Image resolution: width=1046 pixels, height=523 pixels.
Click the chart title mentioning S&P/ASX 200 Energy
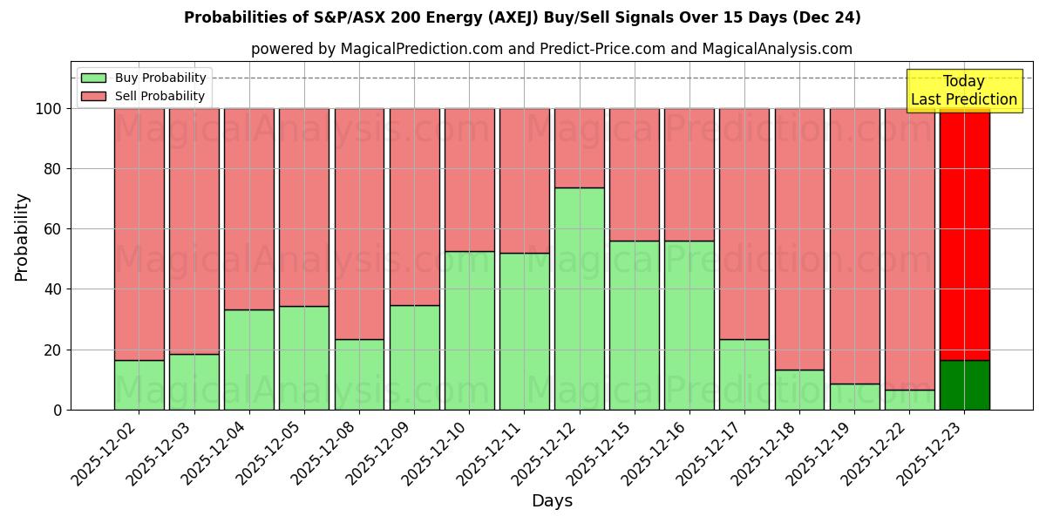[522, 17]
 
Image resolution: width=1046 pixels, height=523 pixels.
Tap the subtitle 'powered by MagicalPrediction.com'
[551, 49]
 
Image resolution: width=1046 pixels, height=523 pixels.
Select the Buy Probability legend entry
[144, 78]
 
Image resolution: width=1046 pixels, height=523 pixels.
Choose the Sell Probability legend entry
[144, 96]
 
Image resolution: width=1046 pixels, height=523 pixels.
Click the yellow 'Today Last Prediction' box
[964, 91]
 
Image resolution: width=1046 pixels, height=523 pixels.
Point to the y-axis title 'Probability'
[22, 237]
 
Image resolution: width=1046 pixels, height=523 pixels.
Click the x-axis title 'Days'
[552, 501]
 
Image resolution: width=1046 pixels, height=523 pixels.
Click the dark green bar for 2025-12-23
[964, 384]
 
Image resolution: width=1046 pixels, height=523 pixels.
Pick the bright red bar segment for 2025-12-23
[964, 234]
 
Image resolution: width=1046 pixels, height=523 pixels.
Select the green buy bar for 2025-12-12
[580, 298]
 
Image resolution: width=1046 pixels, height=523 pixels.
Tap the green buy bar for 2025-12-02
[139, 384]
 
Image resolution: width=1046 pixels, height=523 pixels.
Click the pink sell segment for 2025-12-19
[854, 246]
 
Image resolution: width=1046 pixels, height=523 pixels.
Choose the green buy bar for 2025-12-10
[470, 330]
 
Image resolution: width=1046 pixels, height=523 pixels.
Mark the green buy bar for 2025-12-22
[909, 399]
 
